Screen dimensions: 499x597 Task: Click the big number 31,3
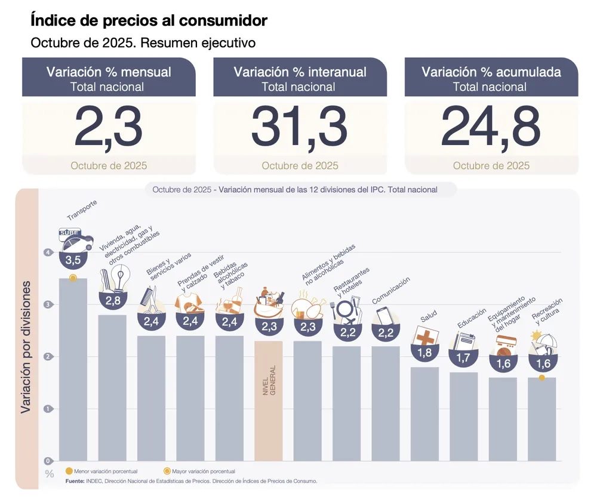[299, 128]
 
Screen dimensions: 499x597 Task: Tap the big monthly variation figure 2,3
[109, 128]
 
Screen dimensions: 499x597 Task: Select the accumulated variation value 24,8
[491, 128]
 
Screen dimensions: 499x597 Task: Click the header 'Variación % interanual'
[300, 72]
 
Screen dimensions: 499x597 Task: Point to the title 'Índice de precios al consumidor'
[149, 21]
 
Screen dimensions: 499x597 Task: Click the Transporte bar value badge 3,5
[73, 260]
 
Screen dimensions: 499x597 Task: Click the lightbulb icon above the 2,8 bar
[122, 279]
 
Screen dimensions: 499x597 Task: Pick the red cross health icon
[425, 337]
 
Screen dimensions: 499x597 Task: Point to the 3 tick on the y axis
[48, 304]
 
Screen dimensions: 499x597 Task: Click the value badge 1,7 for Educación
[463, 358]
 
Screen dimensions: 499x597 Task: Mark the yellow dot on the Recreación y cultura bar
[541, 378]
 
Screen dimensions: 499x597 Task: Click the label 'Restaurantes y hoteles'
[352, 283]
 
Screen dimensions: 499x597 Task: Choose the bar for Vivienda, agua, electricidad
[112, 388]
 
